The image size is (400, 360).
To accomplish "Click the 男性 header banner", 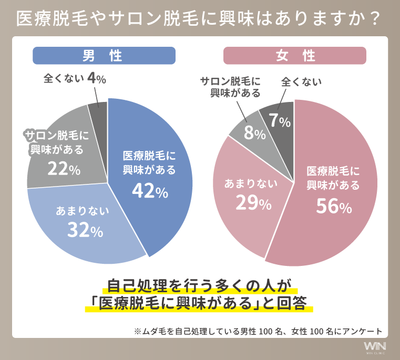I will click(104, 56).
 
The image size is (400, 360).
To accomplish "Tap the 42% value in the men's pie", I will click(150, 192).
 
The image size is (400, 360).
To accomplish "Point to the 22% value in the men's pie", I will click(64, 169).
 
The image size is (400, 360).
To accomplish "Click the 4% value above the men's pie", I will click(97, 79).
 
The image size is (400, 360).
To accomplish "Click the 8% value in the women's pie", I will click(254, 133).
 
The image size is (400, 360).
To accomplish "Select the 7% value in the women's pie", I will click(280, 121).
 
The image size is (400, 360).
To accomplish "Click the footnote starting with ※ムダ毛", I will click(258, 331).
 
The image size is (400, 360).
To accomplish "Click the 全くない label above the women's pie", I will click(302, 81).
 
